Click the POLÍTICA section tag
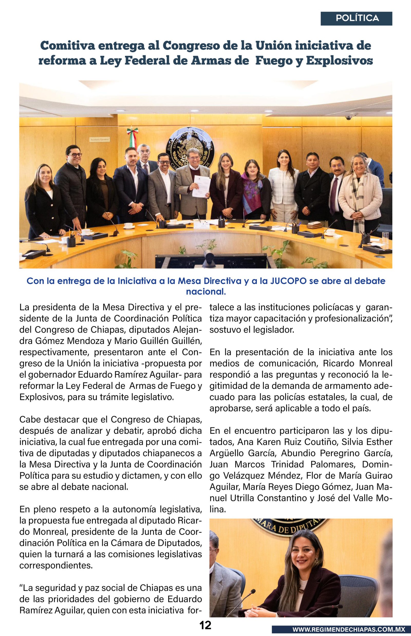pyautogui.click(x=357, y=18)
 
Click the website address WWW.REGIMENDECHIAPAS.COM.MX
pyautogui.click(x=349, y=629)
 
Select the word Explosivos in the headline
pyautogui.click(x=339, y=61)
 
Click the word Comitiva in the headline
pyautogui.click(x=68, y=46)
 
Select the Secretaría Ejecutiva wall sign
pyautogui.click(x=100, y=139)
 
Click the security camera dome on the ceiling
pyautogui.click(x=349, y=118)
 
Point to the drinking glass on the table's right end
pyautogui.click(x=385, y=237)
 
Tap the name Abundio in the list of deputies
pyautogui.click(x=297, y=453)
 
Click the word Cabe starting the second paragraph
pyautogui.click(x=30, y=420)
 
